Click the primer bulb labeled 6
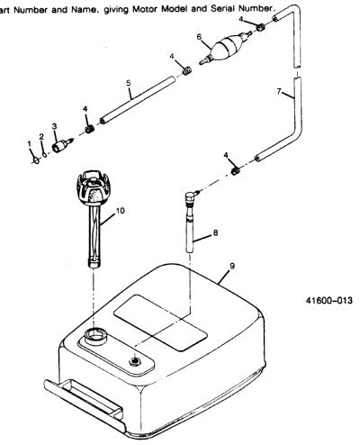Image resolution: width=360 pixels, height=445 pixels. pyautogui.click(x=227, y=45)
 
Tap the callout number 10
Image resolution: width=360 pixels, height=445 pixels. pyautogui.click(x=120, y=211)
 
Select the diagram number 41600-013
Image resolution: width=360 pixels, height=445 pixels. pyautogui.click(x=329, y=300)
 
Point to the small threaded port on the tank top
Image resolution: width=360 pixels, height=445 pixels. pyautogui.click(x=135, y=360)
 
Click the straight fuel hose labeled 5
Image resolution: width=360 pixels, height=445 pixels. pyautogui.click(x=138, y=100)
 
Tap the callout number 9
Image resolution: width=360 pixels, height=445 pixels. pyautogui.click(x=232, y=266)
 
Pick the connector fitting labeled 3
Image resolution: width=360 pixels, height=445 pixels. pyautogui.click(x=62, y=145)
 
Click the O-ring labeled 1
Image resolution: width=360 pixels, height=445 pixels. pyautogui.click(x=36, y=160)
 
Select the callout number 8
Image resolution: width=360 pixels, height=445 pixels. pyautogui.click(x=215, y=232)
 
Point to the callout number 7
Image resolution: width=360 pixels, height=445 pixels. pyautogui.click(x=279, y=91)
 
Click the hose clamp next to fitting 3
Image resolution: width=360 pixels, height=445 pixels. pyautogui.click(x=89, y=130)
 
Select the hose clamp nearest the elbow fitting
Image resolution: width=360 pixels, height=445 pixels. pyautogui.click(x=236, y=171)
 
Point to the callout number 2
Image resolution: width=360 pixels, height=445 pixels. pyautogui.click(x=41, y=137)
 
